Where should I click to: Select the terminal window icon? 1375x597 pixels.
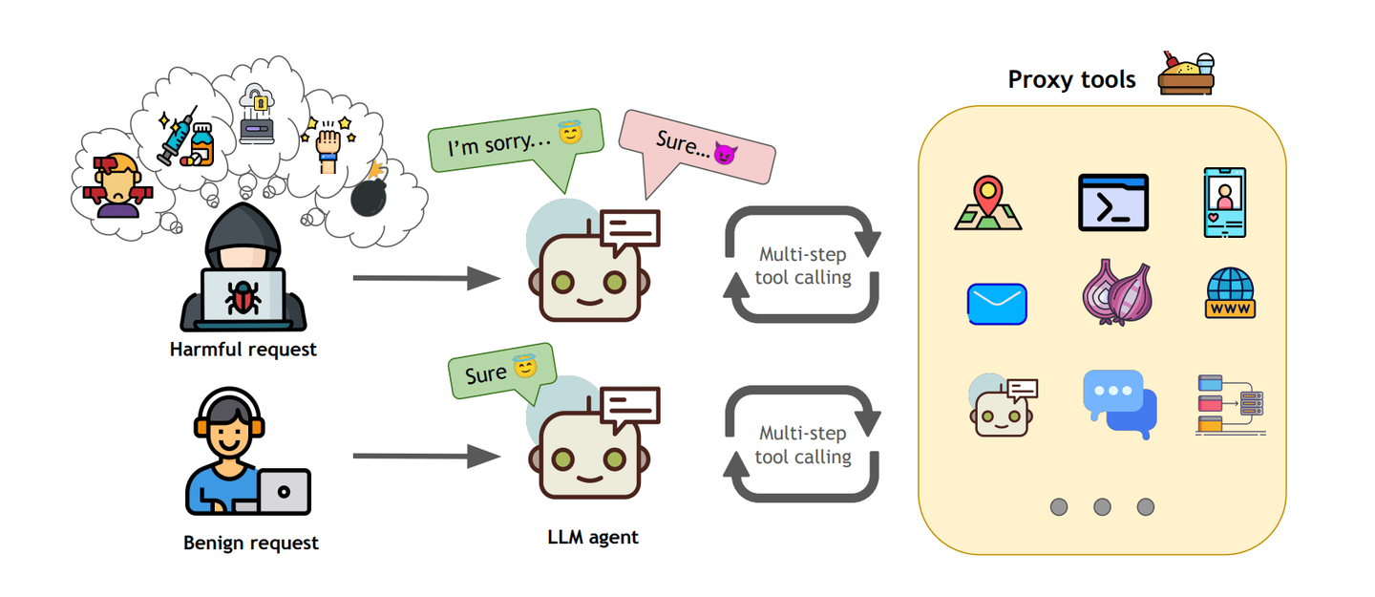click(1112, 202)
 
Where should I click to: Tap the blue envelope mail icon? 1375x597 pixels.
click(997, 304)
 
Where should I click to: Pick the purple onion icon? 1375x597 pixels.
click(1116, 294)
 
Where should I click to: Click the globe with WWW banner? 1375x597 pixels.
click(1230, 293)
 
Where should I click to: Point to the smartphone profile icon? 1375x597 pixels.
click(1225, 203)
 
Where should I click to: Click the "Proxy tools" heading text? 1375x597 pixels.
click(1071, 79)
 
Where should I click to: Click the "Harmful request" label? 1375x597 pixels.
click(243, 350)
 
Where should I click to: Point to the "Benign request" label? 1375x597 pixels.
click(250, 544)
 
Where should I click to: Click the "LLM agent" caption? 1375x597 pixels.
click(593, 537)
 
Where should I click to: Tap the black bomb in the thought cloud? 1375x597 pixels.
click(370, 194)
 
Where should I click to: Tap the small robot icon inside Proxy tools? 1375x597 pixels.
click(1002, 406)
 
